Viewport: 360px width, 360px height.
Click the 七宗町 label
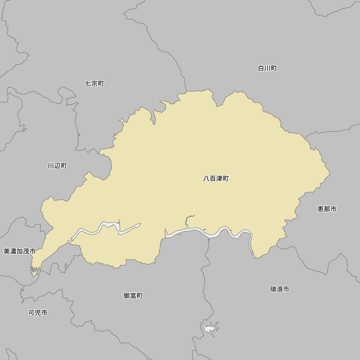pyautogui.click(x=94, y=84)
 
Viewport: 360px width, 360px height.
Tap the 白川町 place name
pyautogui.click(x=267, y=68)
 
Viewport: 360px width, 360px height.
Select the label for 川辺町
pyautogui.click(x=57, y=166)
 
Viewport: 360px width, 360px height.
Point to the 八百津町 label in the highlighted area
pyautogui.click(x=216, y=179)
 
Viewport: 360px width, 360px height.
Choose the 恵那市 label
pyautogui.click(x=327, y=209)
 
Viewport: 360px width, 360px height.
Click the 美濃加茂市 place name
pyautogui.click(x=20, y=251)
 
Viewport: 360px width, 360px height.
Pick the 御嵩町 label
pyautogui.click(x=133, y=296)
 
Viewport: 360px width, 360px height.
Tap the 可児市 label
pyautogui.click(x=38, y=312)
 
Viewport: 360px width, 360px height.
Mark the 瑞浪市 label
pyautogui.click(x=280, y=289)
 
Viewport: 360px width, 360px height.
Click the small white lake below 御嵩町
pyautogui.click(x=210, y=328)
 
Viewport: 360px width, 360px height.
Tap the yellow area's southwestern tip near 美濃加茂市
pyautogui.click(x=34, y=274)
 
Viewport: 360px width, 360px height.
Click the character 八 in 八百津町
pyautogui.click(x=206, y=179)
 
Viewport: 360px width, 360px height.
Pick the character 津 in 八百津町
pyautogui.click(x=219, y=179)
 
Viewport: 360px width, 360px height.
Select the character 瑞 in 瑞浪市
pyautogui.click(x=273, y=289)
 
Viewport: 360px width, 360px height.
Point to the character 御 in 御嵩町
pyautogui.click(x=127, y=296)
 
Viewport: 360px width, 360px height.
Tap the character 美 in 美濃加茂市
pyautogui.click(x=7, y=251)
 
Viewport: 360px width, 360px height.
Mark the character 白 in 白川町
pyautogui.click(x=261, y=68)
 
